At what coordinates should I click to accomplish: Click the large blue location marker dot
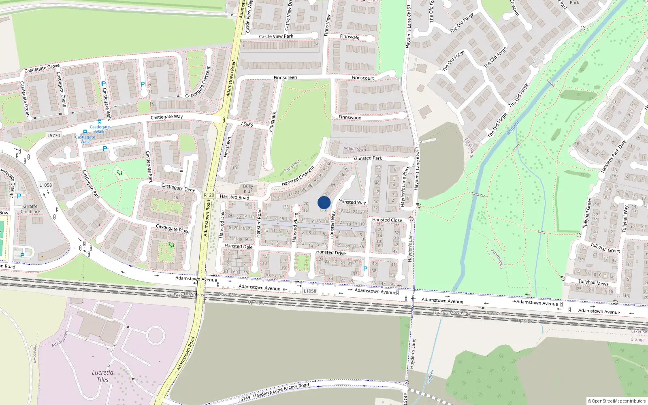pyautogui.click(x=324, y=202)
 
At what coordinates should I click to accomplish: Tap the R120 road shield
pyautogui.click(x=209, y=195)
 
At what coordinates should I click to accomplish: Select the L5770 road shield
pyautogui.click(x=53, y=136)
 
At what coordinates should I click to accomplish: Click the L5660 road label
pyautogui.click(x=247, y=124)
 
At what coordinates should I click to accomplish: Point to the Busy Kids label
pyautogui.click(x=248, y=189)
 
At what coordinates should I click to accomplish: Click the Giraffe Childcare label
pyautogui.click(x=30, y=209)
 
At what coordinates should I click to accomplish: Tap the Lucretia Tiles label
pyautogui.click(x=102, y=376)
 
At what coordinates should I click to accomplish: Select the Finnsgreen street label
pyautogui.click(x=285, y=78)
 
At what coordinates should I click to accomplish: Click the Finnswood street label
pyautogui.click(x=350, y=117)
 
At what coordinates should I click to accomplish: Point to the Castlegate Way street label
pyautogui.click(x=166, y=117)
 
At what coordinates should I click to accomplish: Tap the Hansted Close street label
pyautogui.click(x=387, y=220)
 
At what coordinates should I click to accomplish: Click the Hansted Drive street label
pyautogui.click(x=331, y=252)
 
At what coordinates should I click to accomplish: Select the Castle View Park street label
pyautogui.click(x=276, y=36)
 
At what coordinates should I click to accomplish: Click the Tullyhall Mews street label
pyautogui.click(x=593, y=282)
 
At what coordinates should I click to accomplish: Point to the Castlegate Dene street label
pyautogui.click(x=178, y=188)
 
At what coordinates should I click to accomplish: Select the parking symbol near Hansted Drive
pyautogui.click(x=365, y=269)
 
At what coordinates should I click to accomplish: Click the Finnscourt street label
pyautogui.click(x=363, y=78)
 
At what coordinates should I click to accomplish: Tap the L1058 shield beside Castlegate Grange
pyautogui.click(x=46, y=185)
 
